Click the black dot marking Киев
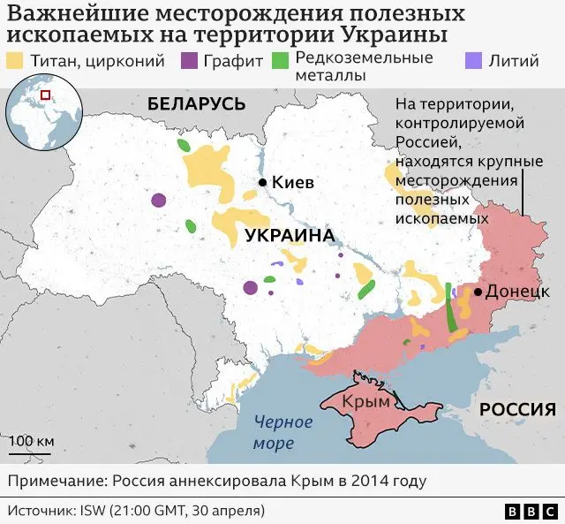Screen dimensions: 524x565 tap(262, 182)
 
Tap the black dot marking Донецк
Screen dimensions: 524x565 tap(478, 292)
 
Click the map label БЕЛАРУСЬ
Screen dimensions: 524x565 tap(196, 103)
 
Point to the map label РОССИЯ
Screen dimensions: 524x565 tap(517, 409)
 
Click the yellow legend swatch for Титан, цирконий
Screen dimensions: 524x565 tap(16, 62)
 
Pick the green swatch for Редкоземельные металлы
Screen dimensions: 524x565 tap(280, 62)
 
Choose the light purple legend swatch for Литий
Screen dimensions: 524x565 tap(472, 62)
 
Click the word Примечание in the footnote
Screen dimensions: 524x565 tap(54, 482)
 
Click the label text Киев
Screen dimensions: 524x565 tap(294, 182)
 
